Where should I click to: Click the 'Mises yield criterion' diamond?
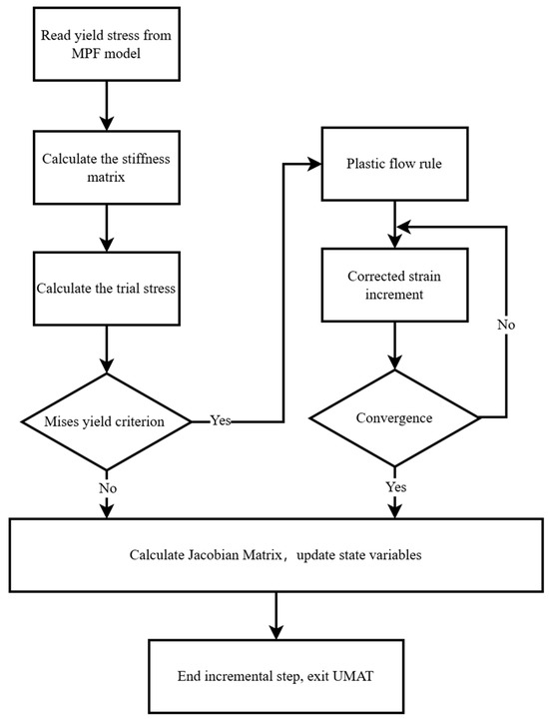click(x=105, y=419)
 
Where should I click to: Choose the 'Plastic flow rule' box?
click(x=396, y=165)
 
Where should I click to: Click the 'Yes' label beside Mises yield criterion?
click(x=220, y=420)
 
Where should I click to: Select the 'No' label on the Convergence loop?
click(x=507, y=326)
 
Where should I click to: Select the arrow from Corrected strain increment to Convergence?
click(x=396, y=354)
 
